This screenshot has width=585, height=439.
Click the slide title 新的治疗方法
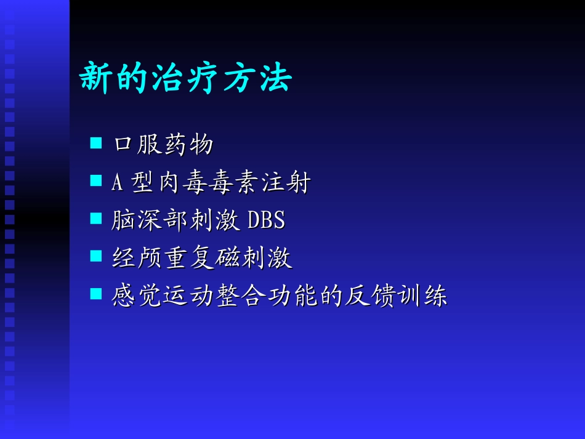pos(185,78)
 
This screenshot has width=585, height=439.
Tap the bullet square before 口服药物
pos(95,143)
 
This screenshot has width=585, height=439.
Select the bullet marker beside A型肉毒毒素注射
pos(95,181)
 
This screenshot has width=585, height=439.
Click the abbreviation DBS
pos(266,220)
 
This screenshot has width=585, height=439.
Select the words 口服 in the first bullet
pos(137,145)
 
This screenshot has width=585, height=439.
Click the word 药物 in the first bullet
pos(188,145)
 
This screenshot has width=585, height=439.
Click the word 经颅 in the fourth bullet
pos(137,258)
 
